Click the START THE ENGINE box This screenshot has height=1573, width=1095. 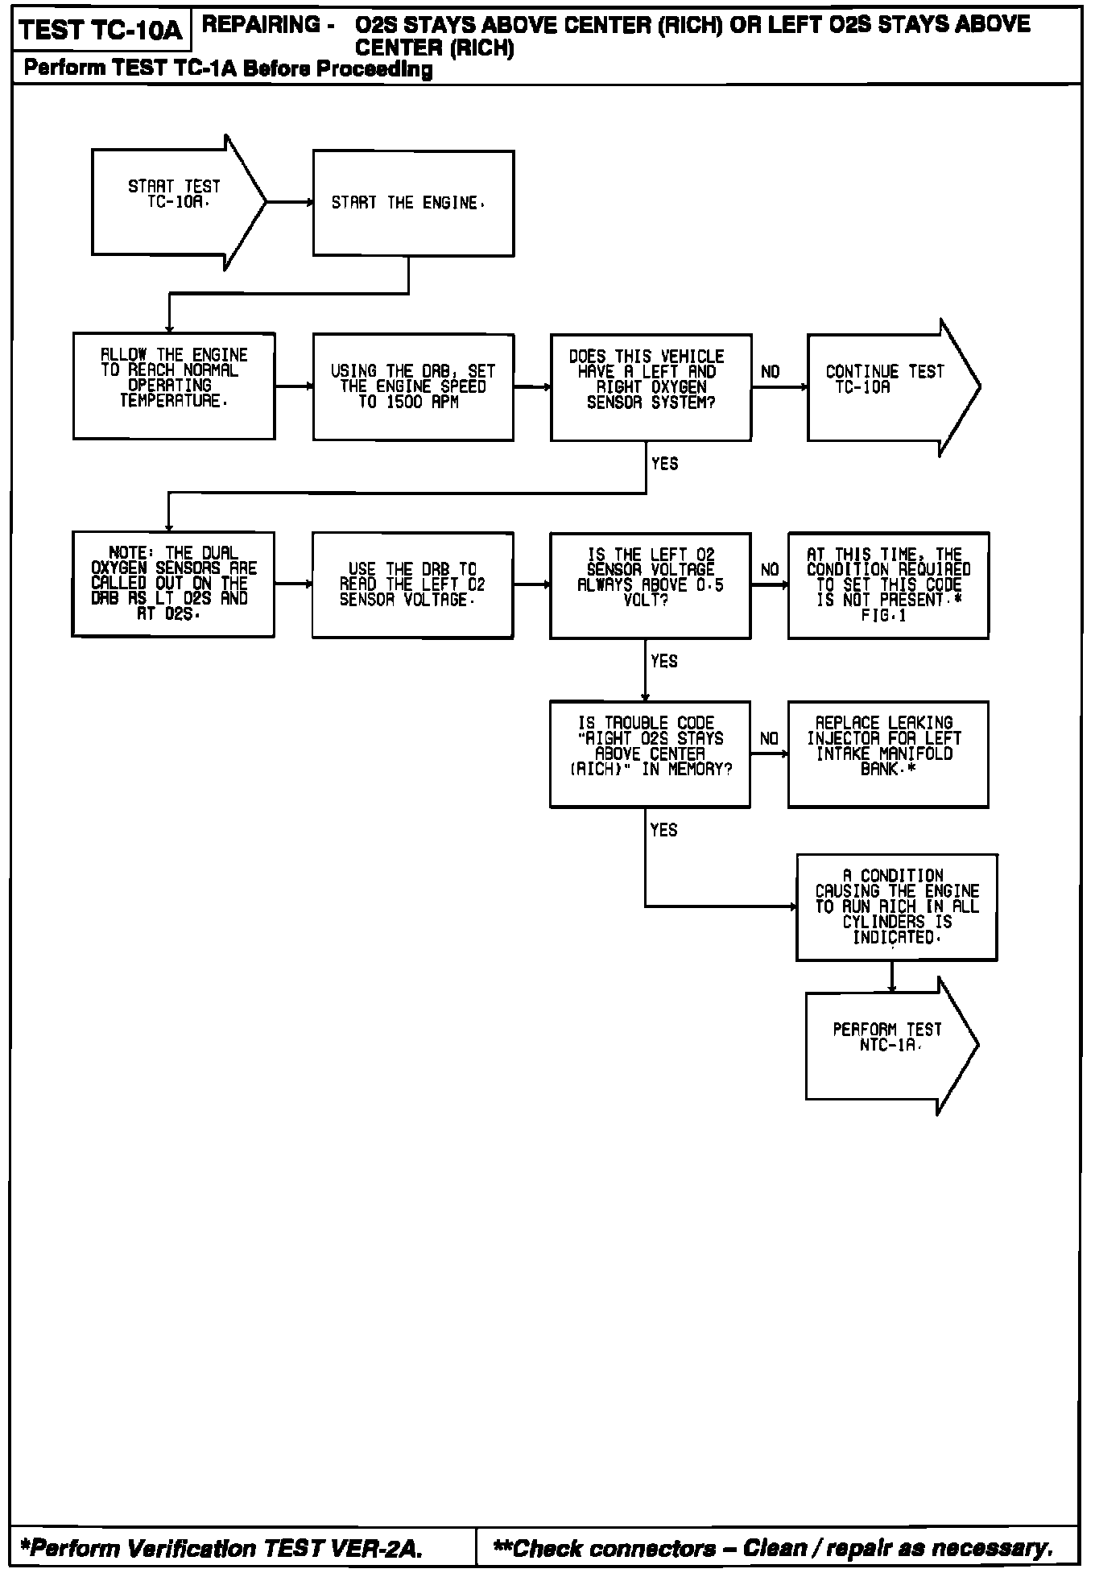[x=413, y=204]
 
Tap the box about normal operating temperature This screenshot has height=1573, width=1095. [x=174, y=386]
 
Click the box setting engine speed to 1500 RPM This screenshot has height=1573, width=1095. [x=413, y=387]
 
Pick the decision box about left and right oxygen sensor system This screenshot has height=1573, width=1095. [x=651, y=387]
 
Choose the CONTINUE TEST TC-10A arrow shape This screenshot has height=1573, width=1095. [x=886, y=387]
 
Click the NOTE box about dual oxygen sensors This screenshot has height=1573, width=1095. [x=173, y=584]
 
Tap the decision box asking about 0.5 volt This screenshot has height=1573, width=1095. [x=651, y=585]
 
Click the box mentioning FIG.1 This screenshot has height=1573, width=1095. [x=888, y=585]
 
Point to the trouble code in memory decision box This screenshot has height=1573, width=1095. [x=650, y=754]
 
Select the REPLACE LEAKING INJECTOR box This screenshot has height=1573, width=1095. [x=888, y=754]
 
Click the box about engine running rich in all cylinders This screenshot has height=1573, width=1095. [x=896, y=907]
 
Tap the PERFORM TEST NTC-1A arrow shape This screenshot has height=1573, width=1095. [x=886, y=1045]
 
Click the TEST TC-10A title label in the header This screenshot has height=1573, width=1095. [x=101, y=31]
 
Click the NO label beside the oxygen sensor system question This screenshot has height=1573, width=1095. [x=771, y=372]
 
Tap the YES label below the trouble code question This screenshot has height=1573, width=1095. [x=664, y=830]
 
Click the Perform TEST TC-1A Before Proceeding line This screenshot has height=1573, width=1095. [x=228, y=69]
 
